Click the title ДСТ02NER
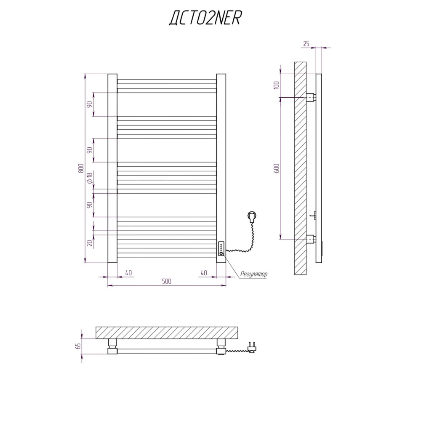click(205, 18)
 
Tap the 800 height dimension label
click(81, 168)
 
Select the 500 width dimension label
click(167, 281)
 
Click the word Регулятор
click(254, 274)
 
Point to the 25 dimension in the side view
click(306, 43)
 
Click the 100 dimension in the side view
click(277, 85)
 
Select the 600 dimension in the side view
click(277, 168)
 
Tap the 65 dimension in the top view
click(78, 346)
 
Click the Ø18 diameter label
click(90, 178)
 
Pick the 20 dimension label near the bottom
click(90, 243)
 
